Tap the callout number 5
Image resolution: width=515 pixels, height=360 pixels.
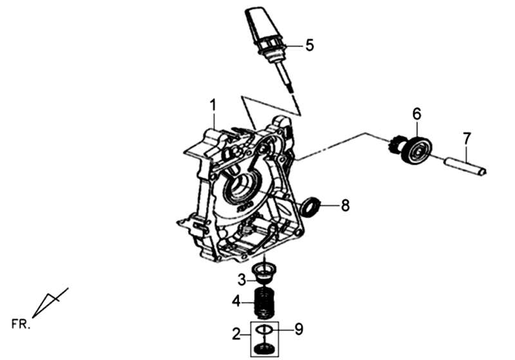[x=309, y=46]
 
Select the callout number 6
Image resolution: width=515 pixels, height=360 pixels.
[x=417, y=114]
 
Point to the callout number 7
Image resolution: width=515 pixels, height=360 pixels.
[x=467, y=137]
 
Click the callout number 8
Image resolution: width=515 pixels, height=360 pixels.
[x=345, y=206]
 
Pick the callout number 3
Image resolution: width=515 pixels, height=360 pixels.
[x=241, y=279]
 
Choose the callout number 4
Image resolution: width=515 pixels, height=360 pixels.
[x=237, y=300]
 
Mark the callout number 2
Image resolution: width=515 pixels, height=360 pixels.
[x=236, y=334]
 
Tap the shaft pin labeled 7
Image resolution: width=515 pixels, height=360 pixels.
[x=465, y=166]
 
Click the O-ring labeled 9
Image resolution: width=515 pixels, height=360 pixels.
[x=263, y=330]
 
